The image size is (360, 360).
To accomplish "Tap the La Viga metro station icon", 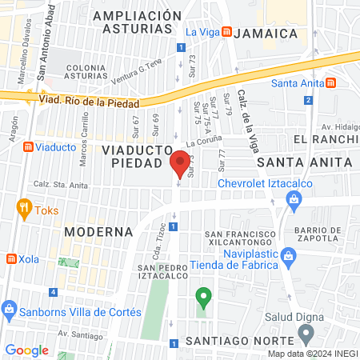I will pos(227,32).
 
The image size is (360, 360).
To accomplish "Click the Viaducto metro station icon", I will pos(29,147).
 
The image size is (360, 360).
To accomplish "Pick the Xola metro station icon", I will pos(11,259).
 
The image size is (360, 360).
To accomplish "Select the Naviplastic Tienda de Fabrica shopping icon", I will pos(291,258).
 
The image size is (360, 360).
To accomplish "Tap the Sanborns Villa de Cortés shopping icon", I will pos(10,308).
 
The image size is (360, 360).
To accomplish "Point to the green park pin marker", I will pos(203,299).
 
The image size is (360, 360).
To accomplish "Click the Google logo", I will pos(27,350).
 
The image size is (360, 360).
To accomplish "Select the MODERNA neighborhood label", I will pos(98,231).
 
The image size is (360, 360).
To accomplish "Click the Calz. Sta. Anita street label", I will pos(61,184).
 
